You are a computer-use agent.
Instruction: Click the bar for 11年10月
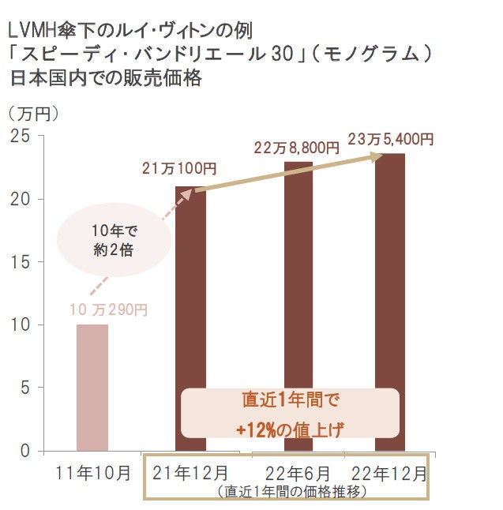(92, 387)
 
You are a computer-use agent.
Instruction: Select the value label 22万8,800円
(296, 147)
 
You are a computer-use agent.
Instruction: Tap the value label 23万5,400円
(390, 139)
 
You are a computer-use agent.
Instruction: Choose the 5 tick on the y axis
(24, 388)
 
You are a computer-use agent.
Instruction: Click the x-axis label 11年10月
(93, 474)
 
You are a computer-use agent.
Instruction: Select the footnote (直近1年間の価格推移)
(291, 490)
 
